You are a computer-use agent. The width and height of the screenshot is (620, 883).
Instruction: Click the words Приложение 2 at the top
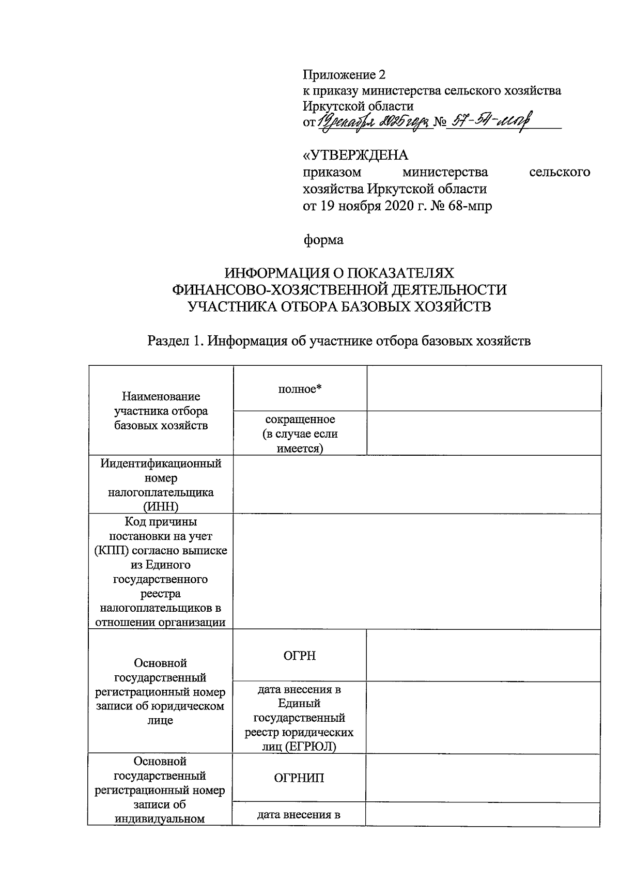coord(344,75)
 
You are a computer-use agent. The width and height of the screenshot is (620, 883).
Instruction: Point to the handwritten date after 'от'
coord(375,123)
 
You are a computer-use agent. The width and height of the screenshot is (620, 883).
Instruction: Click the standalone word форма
coord(322,240)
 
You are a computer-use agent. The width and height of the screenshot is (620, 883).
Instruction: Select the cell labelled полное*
coord(300,389)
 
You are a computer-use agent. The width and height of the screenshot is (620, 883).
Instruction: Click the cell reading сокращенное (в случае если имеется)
coord(300,433)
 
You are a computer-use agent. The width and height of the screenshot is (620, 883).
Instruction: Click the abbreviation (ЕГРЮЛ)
coord(314,746)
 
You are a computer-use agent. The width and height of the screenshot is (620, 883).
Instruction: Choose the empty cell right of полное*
coord(484,389)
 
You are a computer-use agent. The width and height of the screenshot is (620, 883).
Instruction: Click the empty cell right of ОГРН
coord(484,656)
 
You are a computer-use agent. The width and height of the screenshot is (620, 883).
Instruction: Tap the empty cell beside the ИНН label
coord(416,485)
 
